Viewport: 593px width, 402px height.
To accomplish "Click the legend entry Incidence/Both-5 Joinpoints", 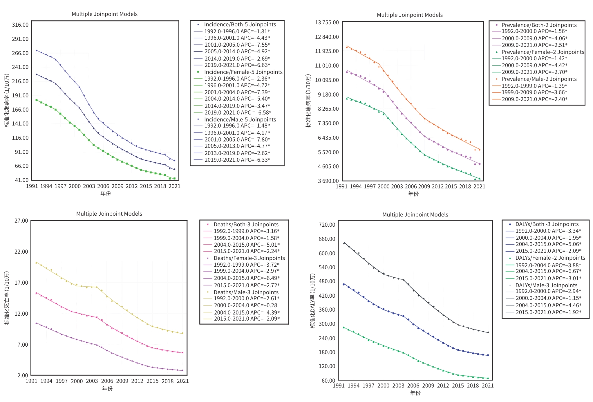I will (x=240, y=25).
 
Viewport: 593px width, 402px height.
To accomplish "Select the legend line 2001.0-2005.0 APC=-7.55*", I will (x=237, y=45).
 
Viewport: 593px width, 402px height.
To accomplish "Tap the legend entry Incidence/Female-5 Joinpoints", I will (x=243, y=72).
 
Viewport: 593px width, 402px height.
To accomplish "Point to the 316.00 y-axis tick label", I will (x=20, y=25).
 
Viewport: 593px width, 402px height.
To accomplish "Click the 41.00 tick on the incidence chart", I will (x=21, y=180).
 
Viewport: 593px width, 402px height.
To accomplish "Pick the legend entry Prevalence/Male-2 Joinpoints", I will (x=539, y=79).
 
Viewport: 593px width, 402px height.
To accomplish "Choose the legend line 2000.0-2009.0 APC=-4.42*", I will (x=534, y=65).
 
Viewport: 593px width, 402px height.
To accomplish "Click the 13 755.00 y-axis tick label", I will (x=327, y=23).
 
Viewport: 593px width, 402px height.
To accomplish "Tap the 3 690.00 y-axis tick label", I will (x=328, y=181).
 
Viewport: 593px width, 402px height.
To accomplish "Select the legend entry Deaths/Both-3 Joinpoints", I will (x=246, y=224).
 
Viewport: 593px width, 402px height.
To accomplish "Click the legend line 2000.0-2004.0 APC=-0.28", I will (x=245, y=305).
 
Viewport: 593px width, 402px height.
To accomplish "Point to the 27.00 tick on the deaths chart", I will (x=21, y=221).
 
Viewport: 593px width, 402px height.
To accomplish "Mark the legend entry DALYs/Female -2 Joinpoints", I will (x=550, y=258).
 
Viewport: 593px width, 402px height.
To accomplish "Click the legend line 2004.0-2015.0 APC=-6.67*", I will (x=548, y=271).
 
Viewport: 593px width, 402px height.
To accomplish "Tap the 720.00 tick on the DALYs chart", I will (x=327, y=225).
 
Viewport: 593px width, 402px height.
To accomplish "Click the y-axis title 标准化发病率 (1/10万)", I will (x=7, y=101).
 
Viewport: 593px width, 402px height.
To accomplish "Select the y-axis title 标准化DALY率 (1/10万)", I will (x=312, y=301).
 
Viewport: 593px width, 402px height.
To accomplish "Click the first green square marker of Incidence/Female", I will (x=37, y=100).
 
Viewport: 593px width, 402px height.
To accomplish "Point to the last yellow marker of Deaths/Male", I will (x=182, y=333).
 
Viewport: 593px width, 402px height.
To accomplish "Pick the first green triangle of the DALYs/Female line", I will (x=344, y=327).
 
